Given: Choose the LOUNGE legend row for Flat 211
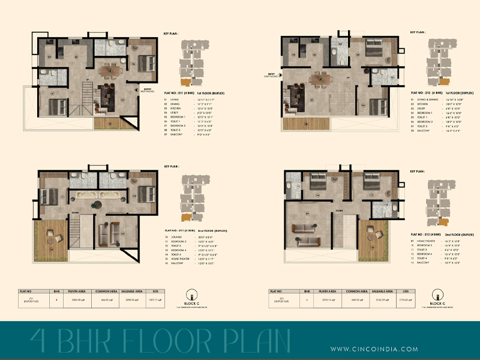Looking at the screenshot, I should pyautogui.click(x=187, y=237).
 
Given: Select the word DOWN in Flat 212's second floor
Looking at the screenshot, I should pyautogui.click(x=339, y=211).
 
